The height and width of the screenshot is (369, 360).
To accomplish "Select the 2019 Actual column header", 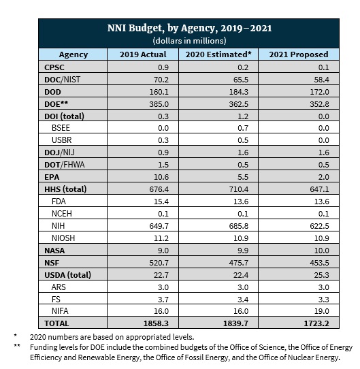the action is (x=143, y=54).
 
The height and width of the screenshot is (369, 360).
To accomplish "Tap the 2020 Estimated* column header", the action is (x=218, y=54).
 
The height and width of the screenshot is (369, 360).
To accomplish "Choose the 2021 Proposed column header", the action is (x=299, y=54).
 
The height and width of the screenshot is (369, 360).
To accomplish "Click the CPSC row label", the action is (x=54, y=67).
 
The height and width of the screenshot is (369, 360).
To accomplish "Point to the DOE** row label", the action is (x=56, y=103).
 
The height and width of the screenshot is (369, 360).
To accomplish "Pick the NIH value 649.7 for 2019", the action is (x=159, y=226).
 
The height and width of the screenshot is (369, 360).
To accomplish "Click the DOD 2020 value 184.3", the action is (x=239, y=92).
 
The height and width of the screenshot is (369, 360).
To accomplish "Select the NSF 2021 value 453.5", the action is (x=320, y=263).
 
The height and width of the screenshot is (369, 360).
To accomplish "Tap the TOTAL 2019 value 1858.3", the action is (x=156, y=323).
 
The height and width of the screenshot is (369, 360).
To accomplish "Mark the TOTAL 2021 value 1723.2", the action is (x=316, y=323).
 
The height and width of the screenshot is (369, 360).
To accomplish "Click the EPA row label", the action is (x=52, y=177).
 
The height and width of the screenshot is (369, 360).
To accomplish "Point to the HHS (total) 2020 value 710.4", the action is (x=239, y=189).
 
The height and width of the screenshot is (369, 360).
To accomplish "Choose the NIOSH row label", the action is (x=63, y=238).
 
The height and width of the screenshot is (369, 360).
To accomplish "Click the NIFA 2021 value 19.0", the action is (x=322, y=311).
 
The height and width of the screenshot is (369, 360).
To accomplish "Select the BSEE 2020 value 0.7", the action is (x=243, y=128).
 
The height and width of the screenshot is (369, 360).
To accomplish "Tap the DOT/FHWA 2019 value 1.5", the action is (x=163, y=165).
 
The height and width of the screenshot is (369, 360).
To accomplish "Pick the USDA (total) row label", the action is (x=68, y=275).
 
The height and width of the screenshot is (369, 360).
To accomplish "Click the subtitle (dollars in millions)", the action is (x=189, y=41).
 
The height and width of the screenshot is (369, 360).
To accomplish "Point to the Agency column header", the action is (x=73, y=54).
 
